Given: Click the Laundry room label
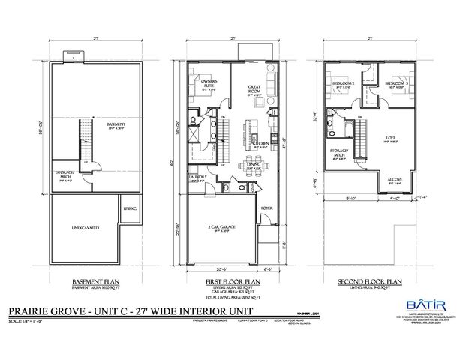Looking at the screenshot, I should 198,178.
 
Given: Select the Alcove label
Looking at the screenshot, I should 394,181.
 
